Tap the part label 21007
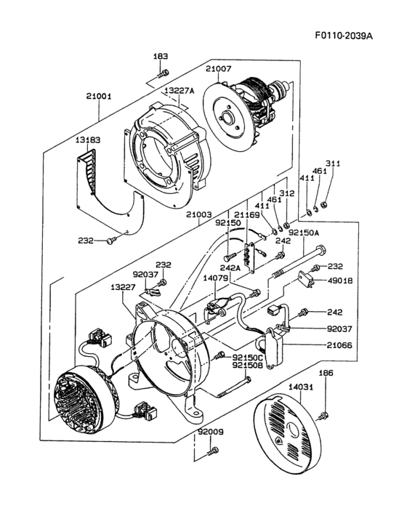[218, 68]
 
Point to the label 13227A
[178, 91]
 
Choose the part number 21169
[247, 215]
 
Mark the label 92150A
[305, 233]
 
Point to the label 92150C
[249, 357]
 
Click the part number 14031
[299, 389]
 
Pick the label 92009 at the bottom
[211, 432]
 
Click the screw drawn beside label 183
[164, 73]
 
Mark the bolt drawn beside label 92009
[210, 452]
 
